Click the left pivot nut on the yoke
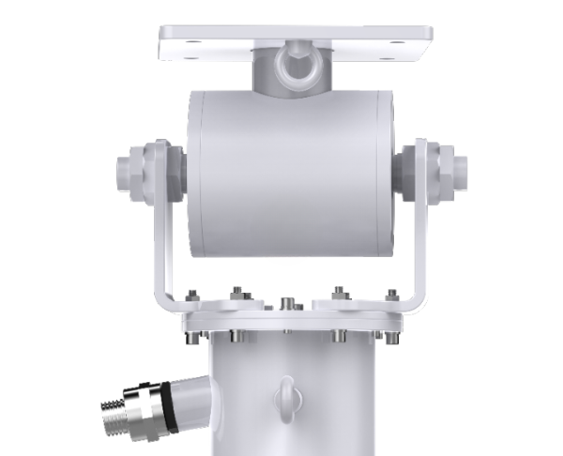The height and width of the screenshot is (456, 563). click(130, 170)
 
